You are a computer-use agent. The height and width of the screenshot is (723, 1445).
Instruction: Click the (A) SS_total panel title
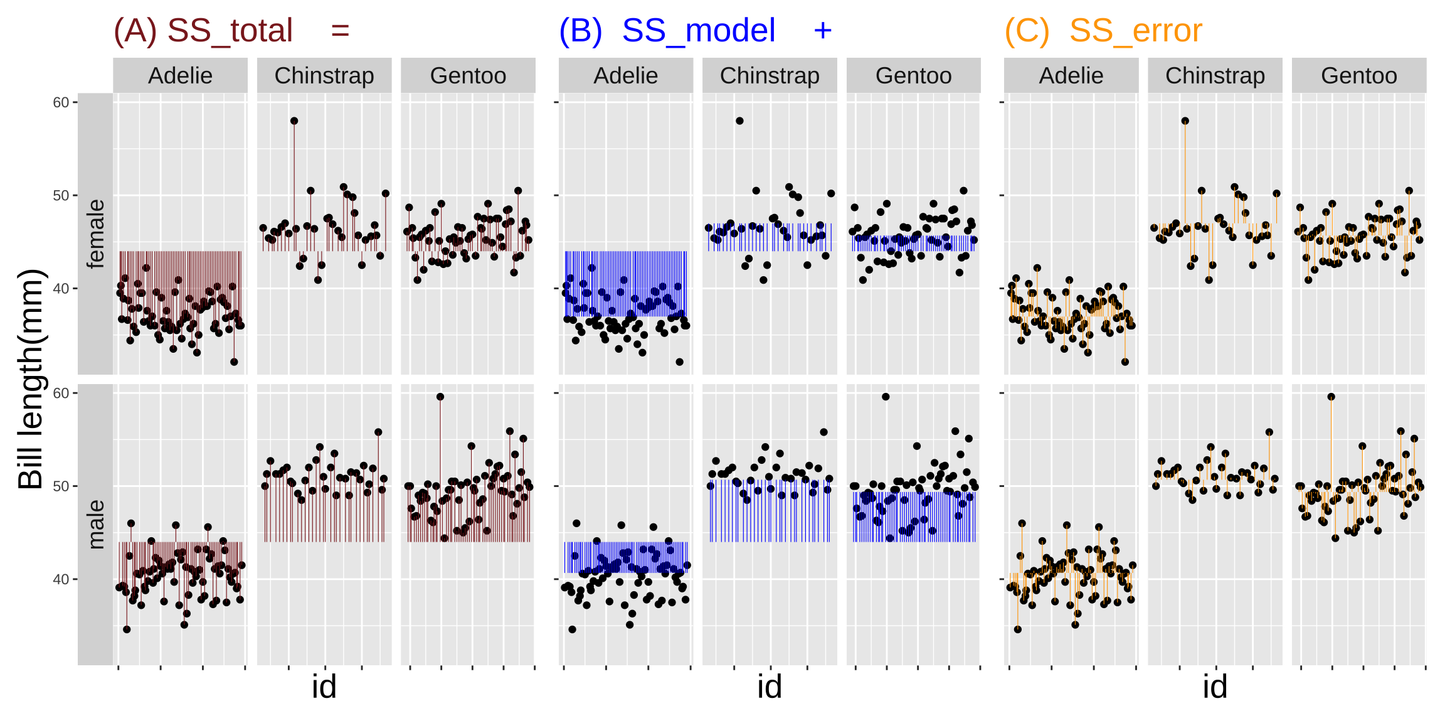pos(203,31)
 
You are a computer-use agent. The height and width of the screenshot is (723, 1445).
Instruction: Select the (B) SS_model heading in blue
pos(667,31)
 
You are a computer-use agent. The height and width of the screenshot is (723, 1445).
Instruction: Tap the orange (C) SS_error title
pos(1103,31)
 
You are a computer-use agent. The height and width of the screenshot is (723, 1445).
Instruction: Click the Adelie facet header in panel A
pos(180,76)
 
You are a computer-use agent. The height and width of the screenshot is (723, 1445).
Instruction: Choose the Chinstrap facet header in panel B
pos(770,76)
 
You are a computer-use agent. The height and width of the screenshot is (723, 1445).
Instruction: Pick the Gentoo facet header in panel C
pos(1358,76)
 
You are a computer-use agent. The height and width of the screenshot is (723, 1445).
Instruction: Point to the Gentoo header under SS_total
pos(468,76)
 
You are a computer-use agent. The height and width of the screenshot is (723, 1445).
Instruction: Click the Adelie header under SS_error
pos(1071,76)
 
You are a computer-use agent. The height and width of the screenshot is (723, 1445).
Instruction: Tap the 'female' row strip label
pos(96,233)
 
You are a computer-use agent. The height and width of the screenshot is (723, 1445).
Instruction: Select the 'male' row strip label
pos(96,524)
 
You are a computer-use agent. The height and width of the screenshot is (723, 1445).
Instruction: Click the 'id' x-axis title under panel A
pos(324,687)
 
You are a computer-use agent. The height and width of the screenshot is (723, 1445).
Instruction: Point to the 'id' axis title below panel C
pos(1215,687)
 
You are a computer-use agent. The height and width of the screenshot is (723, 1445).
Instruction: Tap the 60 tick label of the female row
pos(61,102)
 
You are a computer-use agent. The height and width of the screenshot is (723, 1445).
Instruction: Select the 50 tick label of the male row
pos(61,486)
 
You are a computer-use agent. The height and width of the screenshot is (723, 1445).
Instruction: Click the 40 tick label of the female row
pos(61,289)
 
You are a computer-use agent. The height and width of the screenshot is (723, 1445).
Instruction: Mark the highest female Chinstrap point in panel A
pos(294,121)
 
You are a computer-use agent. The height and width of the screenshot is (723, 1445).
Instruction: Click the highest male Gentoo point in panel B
pos(886,397)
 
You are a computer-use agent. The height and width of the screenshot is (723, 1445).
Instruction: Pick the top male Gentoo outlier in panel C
pos(1331,397)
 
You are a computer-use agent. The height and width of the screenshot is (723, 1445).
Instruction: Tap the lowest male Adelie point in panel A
pos(127,629)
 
